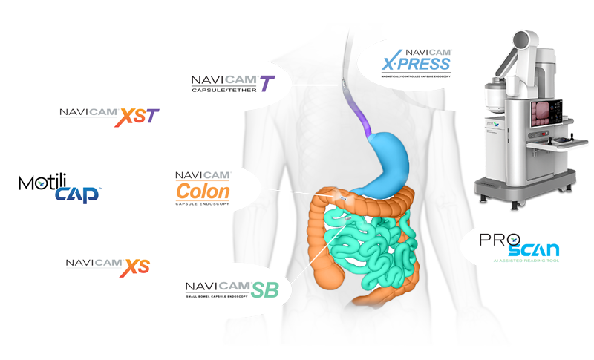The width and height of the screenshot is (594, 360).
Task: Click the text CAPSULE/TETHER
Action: pyautogui.click(x=220, y=94)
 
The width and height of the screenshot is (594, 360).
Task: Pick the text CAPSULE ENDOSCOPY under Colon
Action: pyautogui.click(x=203, y=204)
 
